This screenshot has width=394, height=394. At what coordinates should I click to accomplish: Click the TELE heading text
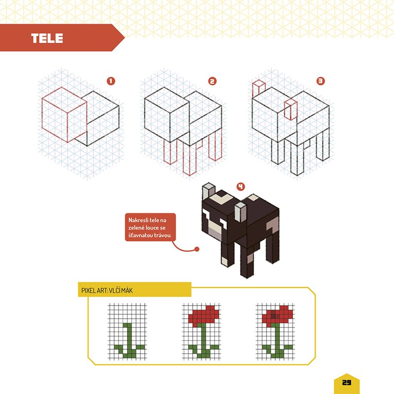coord(47,38)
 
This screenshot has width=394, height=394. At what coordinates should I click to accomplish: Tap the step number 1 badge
coord(111,81)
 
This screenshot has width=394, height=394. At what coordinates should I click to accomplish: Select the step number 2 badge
coord(212,81)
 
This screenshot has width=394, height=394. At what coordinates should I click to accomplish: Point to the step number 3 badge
coord(321,81)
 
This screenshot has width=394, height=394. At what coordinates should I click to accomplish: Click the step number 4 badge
coord(241,187)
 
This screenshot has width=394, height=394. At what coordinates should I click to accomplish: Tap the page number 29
coord(347,383)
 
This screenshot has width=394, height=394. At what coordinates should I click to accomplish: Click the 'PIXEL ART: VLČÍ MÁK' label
coord(107,291)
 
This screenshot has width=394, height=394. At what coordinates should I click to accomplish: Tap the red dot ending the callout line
coord(197,249)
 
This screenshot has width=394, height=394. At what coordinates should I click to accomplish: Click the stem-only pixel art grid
coord(128,331)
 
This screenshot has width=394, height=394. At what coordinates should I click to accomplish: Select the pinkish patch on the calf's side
coord(272,225)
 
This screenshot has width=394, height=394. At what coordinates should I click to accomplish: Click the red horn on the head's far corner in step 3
coord(258,89)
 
